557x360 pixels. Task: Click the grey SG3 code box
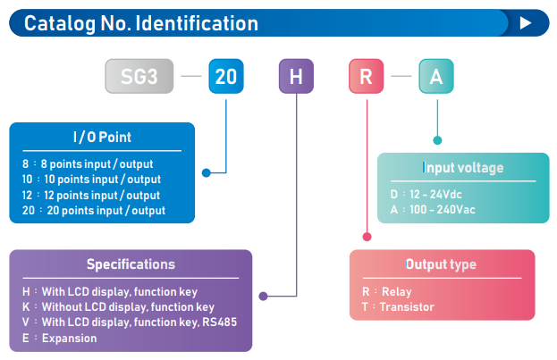[139, 76]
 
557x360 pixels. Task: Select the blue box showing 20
[226, 76]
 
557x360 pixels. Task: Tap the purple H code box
[296, 76]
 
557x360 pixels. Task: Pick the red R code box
[366, 76]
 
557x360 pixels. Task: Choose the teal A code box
[436, 76]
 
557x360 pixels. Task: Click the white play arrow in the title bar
[526, 23]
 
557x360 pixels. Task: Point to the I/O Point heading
[102, 137]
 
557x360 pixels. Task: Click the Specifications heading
[131, 264]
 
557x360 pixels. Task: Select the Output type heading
[441, 264]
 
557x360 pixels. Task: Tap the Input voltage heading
[463, 168]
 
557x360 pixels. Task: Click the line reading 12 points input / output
[91, 195]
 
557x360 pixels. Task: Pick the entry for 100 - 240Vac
[433, 209]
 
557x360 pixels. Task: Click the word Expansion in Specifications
[69, 338]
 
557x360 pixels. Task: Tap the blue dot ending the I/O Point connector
[206, 173]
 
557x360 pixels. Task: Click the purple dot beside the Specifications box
[263, 296]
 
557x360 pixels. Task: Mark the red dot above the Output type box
[367, 237]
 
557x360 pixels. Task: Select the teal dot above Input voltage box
[437, 140]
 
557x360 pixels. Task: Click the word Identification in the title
[197, 23]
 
